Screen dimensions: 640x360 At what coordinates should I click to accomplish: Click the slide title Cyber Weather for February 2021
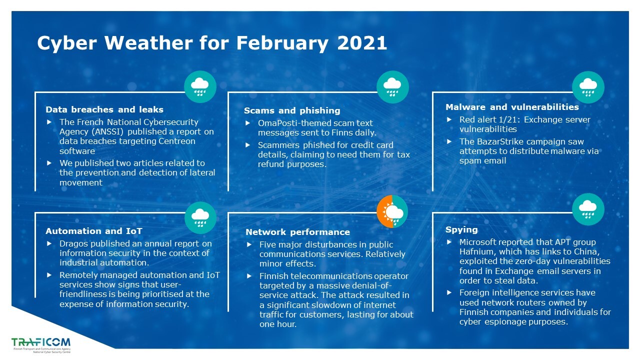pyautogui.click(x=212, y=43)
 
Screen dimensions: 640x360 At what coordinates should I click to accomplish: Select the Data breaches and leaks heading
pyautogui.click(x=104, y=109)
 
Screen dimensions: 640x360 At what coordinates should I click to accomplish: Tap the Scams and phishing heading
pyautogui.click(x=292, y=110)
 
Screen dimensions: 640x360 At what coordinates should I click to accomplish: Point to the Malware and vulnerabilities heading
pyautogui.click(x=512, y=107)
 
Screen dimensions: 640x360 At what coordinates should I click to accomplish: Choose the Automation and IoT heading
pyautogui.click(x=93, y=231)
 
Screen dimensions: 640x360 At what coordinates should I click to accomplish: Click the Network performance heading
pyautogui.click(x=297, y=232)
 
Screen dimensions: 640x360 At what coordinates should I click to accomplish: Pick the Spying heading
pyautogui.click(x=461, y=230)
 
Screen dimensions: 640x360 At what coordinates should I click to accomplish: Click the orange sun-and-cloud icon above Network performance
pyautogui.click(x=392, y=211)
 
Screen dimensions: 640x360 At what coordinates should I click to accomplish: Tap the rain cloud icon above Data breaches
pyautogui.click(x=200, y=87)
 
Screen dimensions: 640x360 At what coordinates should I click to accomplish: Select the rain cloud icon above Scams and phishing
pyautogui.click(x=392, y=87)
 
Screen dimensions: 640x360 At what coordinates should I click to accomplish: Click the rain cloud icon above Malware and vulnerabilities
pyautogui.click(x=588, y=87)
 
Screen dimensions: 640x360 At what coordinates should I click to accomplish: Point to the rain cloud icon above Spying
pyautogui.click(x=588, y=209)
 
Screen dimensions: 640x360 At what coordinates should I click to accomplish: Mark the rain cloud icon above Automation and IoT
pyautogui.click(x=200, y=217)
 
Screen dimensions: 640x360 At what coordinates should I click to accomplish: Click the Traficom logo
pyautogui.click(x=41, y=345)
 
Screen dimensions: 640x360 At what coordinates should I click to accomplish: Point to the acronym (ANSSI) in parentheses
pyautogui.click(x=107, y=131)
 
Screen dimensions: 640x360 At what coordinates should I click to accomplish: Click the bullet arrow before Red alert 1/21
pyautogui.click(x=449, y=119)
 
